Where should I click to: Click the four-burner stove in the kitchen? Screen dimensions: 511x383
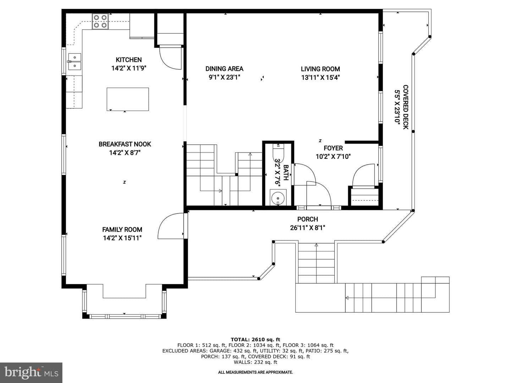100,21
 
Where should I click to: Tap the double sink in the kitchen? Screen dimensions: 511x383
75,62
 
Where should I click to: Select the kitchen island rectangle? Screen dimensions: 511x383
128,99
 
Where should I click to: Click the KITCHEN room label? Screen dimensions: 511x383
129,60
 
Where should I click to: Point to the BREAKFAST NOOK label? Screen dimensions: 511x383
125,144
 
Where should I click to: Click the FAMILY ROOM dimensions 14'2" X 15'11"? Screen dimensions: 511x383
122,238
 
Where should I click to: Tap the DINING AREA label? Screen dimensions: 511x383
224,68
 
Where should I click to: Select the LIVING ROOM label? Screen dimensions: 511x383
320,69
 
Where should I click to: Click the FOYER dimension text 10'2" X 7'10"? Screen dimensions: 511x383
333,156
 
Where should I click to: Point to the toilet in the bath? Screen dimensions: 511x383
278,153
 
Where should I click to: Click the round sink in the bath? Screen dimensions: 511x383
278,198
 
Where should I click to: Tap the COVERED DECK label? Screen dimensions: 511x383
406,107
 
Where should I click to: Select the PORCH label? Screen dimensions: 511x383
308,219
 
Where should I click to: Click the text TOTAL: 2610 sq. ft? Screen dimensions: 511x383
255,339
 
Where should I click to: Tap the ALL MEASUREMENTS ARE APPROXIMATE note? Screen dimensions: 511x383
255,372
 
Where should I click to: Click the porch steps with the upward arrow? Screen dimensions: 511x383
317,263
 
